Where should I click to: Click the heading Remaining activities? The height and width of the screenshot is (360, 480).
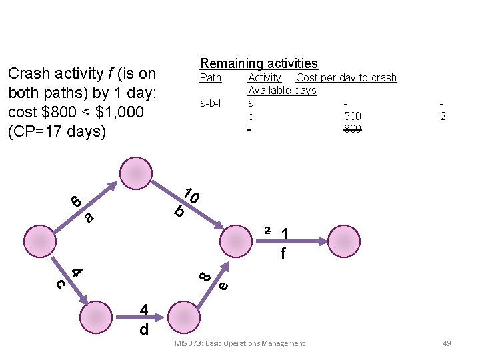259,64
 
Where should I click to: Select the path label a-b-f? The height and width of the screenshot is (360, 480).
211,103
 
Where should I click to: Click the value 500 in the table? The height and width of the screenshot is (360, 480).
352,117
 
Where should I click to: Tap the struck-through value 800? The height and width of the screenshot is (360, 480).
352,129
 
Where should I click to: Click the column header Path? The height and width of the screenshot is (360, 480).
211,78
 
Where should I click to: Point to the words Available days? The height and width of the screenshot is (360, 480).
281,91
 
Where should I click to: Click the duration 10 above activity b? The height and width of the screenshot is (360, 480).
191,195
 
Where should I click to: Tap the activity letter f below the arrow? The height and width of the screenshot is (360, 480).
283,253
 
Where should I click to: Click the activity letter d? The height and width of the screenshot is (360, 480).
143,329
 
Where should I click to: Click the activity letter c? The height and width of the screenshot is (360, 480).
59,283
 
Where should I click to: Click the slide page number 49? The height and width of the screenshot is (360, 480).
447,343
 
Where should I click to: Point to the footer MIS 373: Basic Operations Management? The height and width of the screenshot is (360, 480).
239,343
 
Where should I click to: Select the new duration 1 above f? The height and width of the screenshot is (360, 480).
285,234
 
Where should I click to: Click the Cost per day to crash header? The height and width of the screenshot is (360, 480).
346,78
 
